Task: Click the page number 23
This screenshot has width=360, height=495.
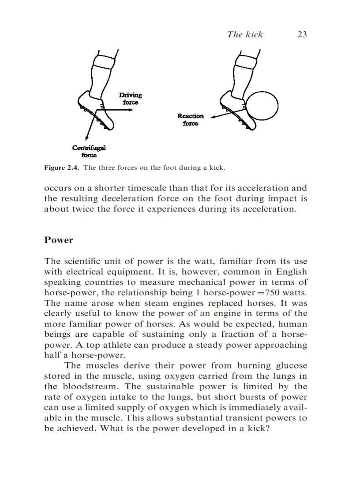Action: click(302, 34)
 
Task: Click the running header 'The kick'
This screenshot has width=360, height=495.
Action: click(245, 34)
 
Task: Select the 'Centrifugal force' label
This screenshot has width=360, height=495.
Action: click(89, 151)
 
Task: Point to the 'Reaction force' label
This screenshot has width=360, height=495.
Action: click(191, 119)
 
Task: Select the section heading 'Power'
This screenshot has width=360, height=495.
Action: click(58, 240)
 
